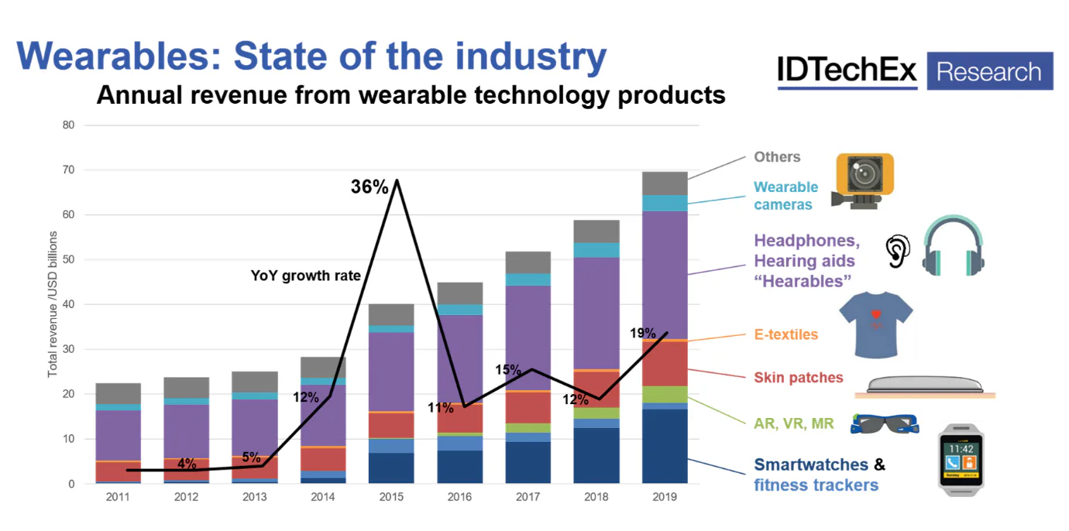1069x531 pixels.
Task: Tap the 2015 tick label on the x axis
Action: click(391, 497)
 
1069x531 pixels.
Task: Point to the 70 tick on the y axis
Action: click(69, 170)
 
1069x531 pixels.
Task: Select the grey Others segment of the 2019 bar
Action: click(665, 183)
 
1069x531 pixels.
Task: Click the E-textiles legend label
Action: click(785, 334)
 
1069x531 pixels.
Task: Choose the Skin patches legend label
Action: click(798, 378)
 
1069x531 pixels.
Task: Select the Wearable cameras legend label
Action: click(785, 196)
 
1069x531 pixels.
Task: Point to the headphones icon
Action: click(953, 245)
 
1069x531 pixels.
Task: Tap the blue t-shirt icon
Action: click(876, 324)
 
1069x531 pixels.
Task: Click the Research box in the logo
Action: click(989, 72)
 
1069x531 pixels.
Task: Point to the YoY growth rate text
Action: click(305, 275)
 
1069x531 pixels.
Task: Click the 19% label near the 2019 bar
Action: click(642, 334)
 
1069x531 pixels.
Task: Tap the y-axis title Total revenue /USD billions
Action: click(53, 303)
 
